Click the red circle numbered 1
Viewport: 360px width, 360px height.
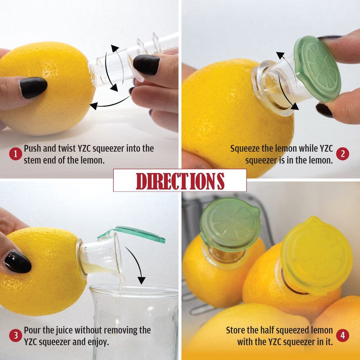15,154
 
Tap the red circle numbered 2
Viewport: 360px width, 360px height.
342,154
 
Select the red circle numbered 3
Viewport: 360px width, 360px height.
15,336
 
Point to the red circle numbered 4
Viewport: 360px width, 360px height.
342,336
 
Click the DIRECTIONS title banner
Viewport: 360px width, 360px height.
180,180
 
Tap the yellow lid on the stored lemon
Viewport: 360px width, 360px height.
316,255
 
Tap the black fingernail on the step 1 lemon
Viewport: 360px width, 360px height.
33,87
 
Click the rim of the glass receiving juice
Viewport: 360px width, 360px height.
134,290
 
